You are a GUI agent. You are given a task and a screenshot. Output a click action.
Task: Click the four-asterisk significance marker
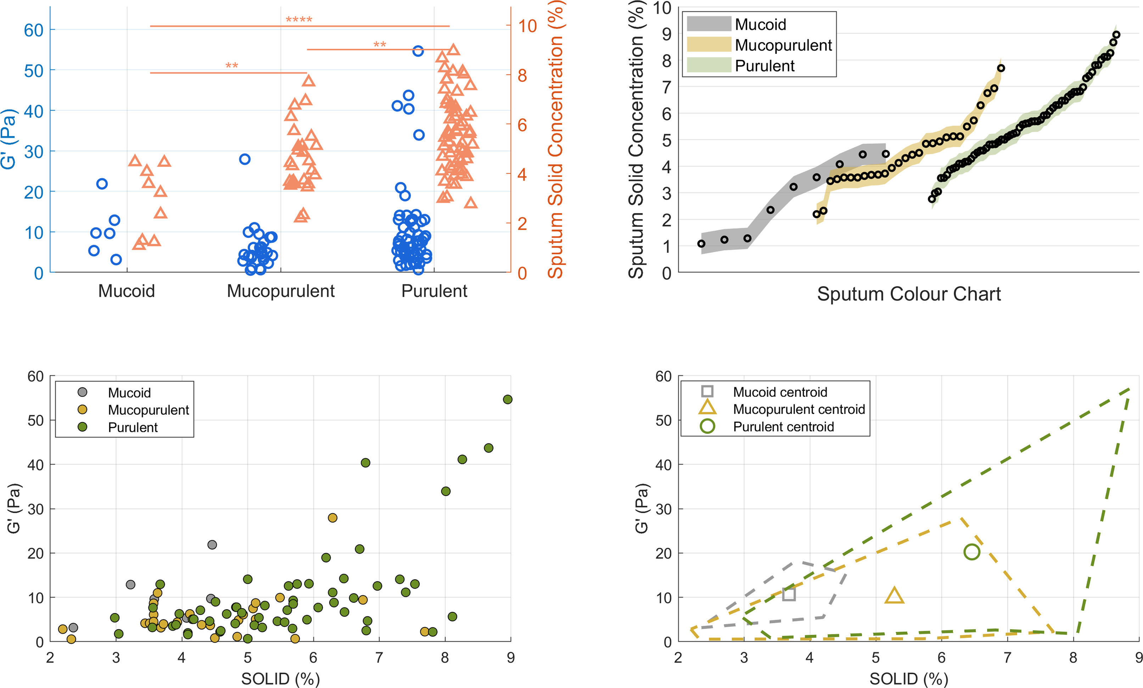299,19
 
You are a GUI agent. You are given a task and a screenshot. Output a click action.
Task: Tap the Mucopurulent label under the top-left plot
280,291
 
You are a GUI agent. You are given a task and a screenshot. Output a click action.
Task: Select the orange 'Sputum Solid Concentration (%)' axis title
555,139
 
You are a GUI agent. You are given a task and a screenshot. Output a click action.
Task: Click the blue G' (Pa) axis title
9,139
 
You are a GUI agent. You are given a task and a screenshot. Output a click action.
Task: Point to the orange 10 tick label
527,26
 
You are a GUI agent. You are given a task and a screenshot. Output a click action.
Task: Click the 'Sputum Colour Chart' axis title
908,294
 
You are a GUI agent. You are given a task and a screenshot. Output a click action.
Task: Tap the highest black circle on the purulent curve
1116,35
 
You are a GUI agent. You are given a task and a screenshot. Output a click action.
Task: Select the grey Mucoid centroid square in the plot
789,594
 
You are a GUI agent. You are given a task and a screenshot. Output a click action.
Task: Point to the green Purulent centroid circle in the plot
971,552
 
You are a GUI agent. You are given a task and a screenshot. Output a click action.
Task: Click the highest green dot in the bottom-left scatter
508,399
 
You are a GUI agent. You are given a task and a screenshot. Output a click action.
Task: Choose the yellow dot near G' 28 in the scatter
332,518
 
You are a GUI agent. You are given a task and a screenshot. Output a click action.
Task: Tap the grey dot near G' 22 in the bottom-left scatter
212,545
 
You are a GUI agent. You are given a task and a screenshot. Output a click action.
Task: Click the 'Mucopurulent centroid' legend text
799,409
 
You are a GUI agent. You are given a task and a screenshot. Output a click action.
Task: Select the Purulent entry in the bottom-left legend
133,427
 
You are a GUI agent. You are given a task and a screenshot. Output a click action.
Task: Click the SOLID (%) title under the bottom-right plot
908,679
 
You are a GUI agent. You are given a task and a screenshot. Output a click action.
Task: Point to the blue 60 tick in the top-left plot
33,30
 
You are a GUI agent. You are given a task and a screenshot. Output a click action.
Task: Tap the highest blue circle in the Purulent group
418,51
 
